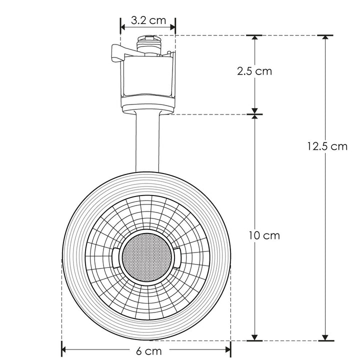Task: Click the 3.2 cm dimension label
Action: [148, 20]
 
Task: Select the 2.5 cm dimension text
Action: [254, 71]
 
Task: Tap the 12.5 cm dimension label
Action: [327, 146]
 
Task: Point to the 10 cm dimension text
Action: [264, 235]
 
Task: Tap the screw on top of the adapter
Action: [148, 37]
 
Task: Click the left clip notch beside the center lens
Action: [115, 256]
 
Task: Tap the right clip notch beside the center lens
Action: [175, 256]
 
